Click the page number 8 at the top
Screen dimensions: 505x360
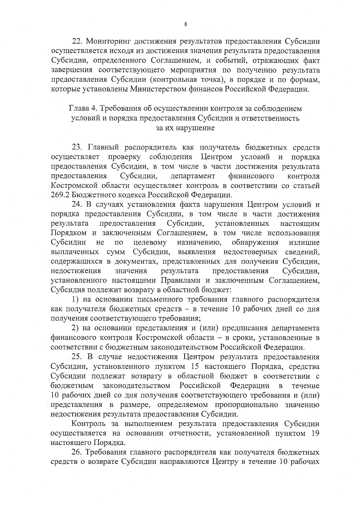click(x=186, y=25)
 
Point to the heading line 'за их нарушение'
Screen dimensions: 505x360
click(x=185, y=128)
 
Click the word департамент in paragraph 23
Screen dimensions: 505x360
click(x=193, y=176)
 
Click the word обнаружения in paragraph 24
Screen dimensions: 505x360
click(x=255, y=242)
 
